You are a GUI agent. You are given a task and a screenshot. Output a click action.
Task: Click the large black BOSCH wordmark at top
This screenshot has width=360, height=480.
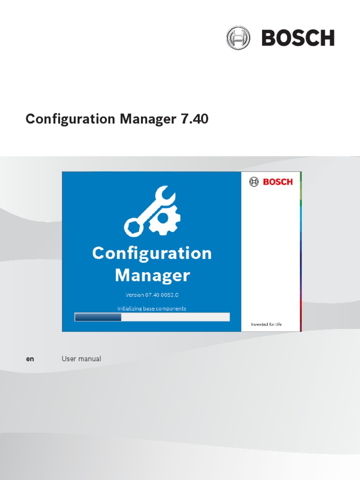(298, 38)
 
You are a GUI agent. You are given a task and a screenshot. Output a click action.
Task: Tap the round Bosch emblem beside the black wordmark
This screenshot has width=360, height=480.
(238, 38)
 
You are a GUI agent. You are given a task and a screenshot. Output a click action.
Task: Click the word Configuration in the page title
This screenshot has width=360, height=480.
(70, 120)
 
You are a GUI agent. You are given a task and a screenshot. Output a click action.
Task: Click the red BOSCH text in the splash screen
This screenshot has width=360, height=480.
(277, 182)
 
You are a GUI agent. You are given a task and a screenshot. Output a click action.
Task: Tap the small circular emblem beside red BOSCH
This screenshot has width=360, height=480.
(254, 182)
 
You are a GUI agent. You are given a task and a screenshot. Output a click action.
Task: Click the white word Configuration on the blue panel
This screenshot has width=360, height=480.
(152, 254)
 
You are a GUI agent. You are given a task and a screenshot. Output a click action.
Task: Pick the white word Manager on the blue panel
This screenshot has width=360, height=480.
(152, 275)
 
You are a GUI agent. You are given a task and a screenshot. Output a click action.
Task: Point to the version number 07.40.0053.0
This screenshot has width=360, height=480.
(165, 295)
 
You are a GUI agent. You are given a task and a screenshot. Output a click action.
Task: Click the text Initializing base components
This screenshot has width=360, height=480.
(151, 308)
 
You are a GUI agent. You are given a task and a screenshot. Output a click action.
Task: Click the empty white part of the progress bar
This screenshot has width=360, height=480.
(176, 317)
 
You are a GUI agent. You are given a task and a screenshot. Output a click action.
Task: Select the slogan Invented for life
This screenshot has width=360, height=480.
(266, 324)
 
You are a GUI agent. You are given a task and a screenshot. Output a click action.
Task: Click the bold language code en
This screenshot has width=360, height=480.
(30, 359)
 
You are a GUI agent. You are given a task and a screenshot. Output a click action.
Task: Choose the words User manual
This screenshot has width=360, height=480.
(81, 359)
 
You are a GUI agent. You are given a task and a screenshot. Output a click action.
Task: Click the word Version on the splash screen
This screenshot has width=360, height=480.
(136, 295)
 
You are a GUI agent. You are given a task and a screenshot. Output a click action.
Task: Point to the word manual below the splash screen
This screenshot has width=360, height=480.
(90, 359)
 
